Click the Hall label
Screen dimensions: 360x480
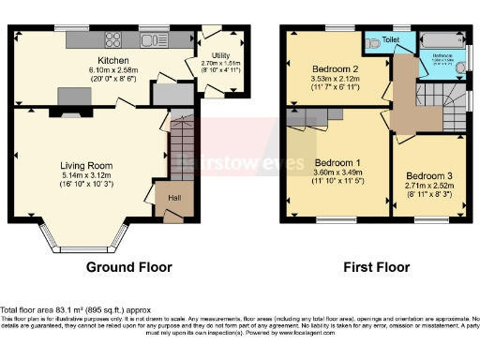point(175,198)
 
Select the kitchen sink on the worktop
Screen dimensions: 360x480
point(150,39)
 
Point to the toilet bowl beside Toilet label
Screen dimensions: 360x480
point(374,41)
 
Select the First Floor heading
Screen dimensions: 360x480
point(375,267)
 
